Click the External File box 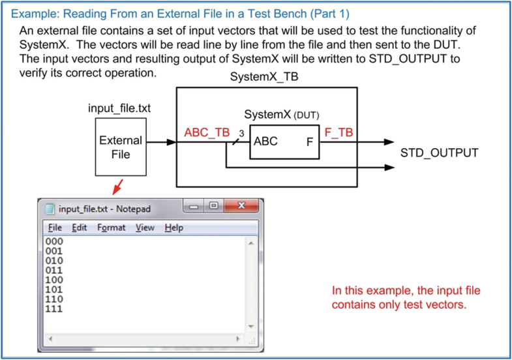[120, 147]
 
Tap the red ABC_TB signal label [207, 132]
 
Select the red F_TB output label [338, 132]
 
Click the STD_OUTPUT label [439, 153]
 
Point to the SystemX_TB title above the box [265, 78]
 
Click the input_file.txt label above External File [119, 108]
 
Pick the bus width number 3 [241, 133]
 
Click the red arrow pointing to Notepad [117, 187]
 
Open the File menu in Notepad [55, 228]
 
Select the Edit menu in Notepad [80, 228]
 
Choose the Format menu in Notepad [112, 228]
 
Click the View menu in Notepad [145, 228]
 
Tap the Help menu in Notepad [173, 228]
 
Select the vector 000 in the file [54, 241]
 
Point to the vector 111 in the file [54, 308]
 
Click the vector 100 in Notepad [54, 279]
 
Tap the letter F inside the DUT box [310, 142]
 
